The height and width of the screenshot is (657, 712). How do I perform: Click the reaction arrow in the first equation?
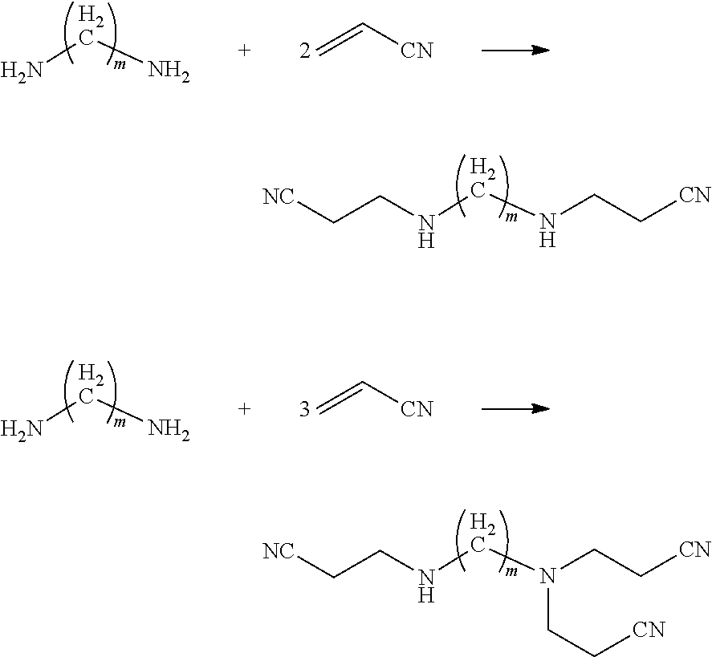coord(515,50)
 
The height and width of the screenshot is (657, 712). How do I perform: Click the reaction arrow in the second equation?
coord(515,409)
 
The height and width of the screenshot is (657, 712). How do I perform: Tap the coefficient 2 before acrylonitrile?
coord(305,51)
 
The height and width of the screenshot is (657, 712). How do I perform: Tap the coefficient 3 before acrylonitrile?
coord(305,410)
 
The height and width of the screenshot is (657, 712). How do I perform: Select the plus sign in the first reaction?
coord(244,51)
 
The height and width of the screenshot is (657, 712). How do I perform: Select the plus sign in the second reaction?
coord(244,409)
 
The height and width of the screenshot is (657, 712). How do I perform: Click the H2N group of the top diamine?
coord(22,71)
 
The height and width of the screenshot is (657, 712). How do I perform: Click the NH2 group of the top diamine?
coord(169,71)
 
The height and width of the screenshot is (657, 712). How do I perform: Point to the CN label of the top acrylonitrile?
coord(417,51)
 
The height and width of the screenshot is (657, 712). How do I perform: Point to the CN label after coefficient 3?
coord(417,410)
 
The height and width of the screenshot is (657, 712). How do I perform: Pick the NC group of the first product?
coord(279,197)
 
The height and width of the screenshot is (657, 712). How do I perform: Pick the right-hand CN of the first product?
coord(695,195)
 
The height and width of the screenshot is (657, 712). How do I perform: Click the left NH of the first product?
coord(426,231)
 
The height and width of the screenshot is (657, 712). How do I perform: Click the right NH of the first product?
coord(547,230)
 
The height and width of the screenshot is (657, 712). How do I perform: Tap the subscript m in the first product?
coord(512,217)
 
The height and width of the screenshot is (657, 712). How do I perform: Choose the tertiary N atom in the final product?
coord(547,576)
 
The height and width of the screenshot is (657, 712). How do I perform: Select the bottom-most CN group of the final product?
coord(649,629)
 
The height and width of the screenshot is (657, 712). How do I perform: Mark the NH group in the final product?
coord(426,586)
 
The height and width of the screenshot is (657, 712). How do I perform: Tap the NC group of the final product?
coord(279,552)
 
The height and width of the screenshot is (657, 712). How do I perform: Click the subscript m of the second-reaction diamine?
coord(120,423)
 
